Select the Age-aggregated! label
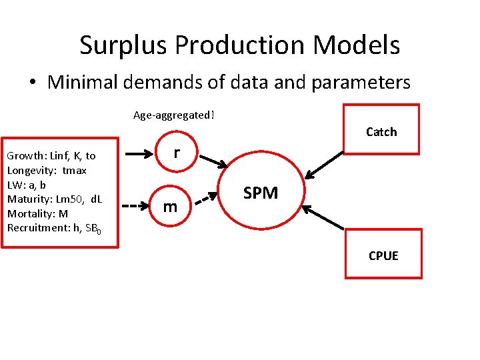pyautogui.click(x=174, y=115)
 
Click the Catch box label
pyautogui.click(x=381, y=131)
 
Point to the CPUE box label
pyautogui.click(x=383, y=255)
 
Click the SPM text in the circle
pyautogui.click(x=261, y=193)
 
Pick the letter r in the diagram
pyautogui.click(x=176, y=153)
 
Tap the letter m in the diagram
pyautogui.click(x=171, y=207)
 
